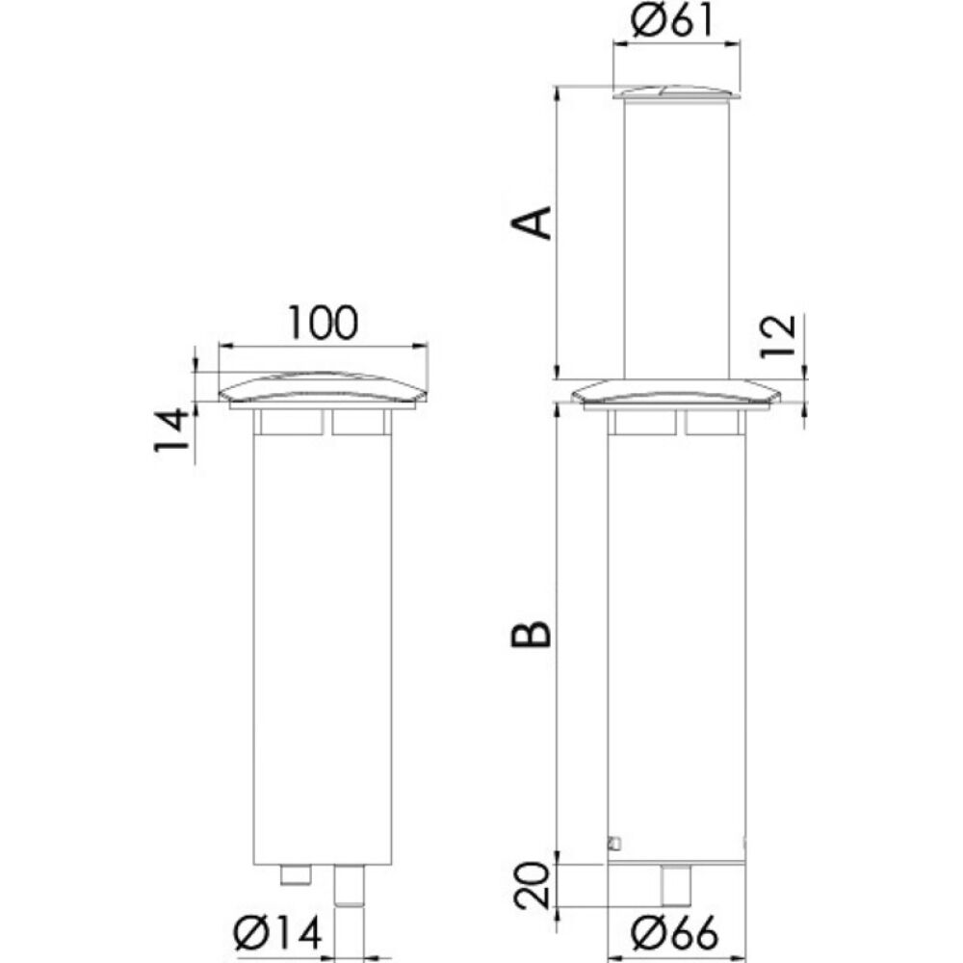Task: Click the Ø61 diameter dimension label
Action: pos(672,21)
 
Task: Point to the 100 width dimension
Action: pos(323,323)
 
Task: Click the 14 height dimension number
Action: pos(171,429)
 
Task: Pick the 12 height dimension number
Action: pos(777,336)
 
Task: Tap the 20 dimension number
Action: pos(532,886)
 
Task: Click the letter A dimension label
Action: pos(532,222)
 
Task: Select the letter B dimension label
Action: pos(532,634)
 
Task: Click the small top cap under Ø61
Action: pos(676,92)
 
